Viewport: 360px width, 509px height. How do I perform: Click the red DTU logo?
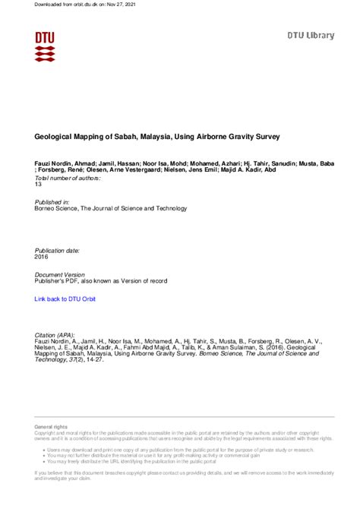pos(45,46)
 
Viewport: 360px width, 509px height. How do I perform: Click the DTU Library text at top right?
pos(310,35)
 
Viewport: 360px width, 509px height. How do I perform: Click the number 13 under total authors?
pos(39,184)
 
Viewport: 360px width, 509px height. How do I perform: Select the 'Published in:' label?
pos(52,201)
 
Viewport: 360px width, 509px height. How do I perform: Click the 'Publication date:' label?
pos(58,250)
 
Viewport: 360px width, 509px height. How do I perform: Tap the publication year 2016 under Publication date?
pos(43,257)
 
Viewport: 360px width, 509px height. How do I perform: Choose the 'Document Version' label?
pos(60,274)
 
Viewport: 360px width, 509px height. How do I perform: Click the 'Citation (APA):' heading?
pos(55,334)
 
